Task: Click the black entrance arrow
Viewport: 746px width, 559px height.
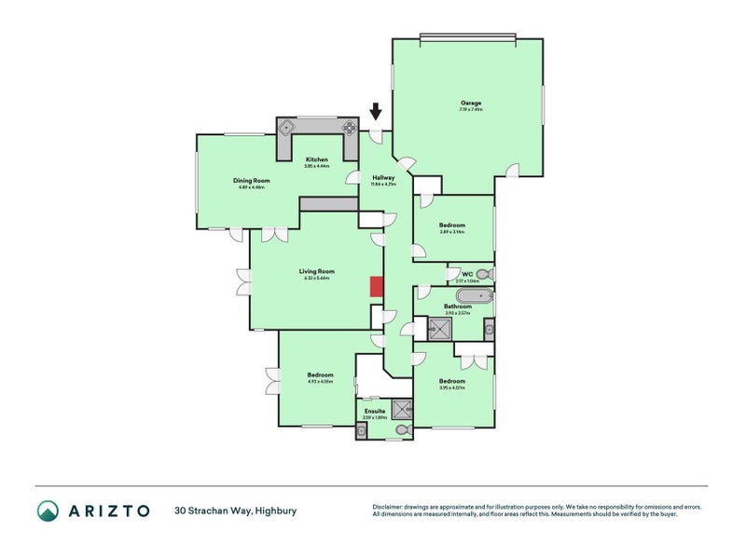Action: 376,113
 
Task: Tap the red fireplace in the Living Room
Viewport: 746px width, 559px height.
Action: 376,287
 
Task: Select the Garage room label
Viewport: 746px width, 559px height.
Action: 470,102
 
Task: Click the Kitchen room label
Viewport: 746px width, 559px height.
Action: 317,159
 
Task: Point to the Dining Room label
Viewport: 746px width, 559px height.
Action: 252,180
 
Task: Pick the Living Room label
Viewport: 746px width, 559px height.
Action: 318,271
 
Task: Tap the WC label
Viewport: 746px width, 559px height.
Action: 467,274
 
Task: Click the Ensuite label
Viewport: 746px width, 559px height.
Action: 375,410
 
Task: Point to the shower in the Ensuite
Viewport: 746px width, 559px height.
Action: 402,408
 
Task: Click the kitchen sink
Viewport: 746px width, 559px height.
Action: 286,128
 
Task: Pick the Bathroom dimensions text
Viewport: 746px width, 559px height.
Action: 457,313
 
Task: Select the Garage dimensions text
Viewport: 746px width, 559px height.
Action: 470,110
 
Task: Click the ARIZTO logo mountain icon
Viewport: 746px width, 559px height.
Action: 48,511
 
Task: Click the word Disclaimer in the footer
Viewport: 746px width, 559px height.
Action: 391,507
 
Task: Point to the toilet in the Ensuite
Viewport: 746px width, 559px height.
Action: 402,430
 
